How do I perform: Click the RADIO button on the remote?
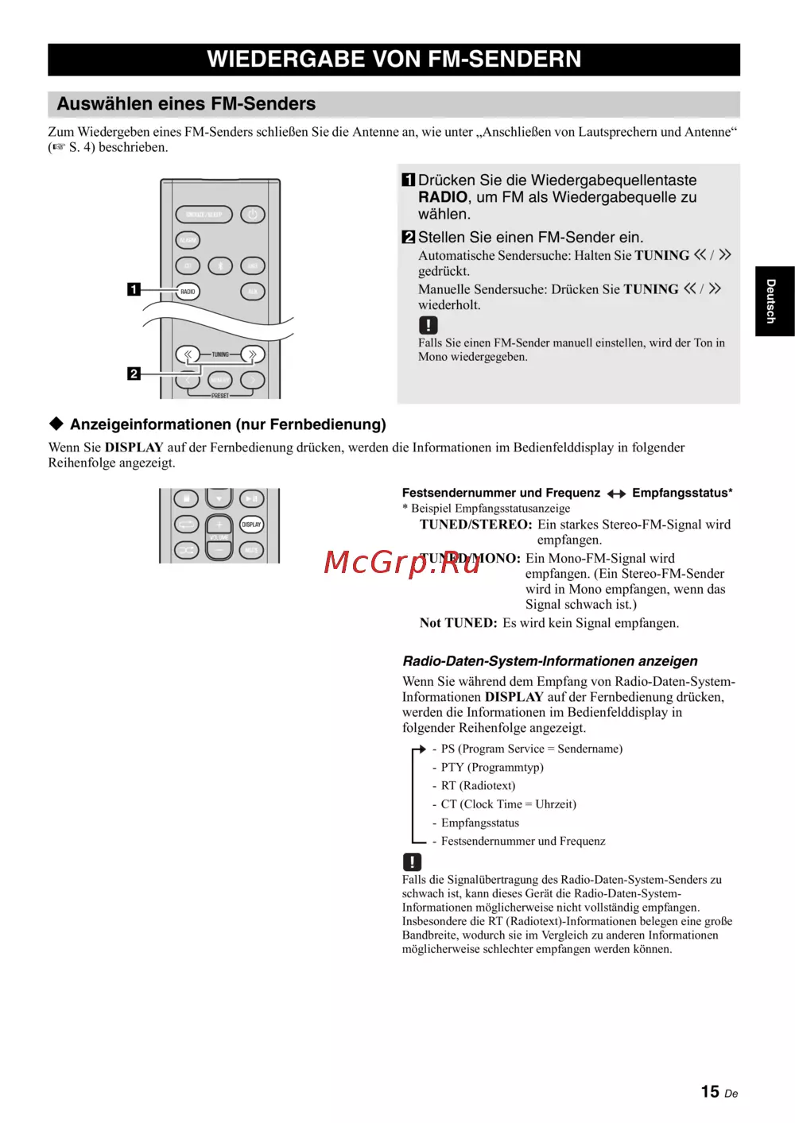(188, 292)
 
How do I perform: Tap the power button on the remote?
(252, 215)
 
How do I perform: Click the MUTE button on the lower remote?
(251, 549)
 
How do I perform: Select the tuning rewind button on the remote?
(188, 354)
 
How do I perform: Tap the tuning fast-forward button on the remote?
(252, 354)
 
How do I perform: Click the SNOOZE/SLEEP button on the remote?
(204, 215)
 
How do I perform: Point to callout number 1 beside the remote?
(134, 289)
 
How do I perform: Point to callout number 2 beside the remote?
(134, 374)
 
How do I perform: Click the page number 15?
(710, 1092)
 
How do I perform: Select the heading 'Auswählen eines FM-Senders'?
(186, 104)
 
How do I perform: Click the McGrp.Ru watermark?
(401, 562)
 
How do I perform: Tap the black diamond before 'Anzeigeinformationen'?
(56, 424)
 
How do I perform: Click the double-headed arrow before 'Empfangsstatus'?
(616, 494)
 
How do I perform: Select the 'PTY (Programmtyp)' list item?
(492, 767)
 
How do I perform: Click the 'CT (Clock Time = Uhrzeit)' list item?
(508, 804)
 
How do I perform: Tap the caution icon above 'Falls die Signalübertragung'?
(412, 862)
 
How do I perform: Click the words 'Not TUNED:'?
(458, 623)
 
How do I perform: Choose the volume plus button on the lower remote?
(219, 525)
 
